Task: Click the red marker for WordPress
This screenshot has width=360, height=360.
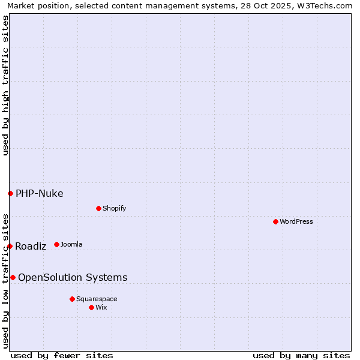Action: coord(275,221)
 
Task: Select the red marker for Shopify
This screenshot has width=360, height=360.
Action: coord(98,208)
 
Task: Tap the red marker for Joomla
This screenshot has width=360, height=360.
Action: coord(56,244)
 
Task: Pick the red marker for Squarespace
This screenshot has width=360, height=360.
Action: coord(72,299)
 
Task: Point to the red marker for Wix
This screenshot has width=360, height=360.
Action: coord(91,307)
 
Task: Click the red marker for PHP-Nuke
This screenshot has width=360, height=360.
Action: coord(10,193)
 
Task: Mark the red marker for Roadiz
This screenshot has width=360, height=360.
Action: coord(10,246)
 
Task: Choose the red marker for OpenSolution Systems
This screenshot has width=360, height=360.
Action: coord(13,277)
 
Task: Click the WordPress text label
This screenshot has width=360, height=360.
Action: coord(296,221)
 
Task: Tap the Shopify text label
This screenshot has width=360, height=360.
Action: coord(114,208)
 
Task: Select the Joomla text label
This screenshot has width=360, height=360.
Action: coord(71,244)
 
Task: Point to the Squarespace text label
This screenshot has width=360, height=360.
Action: coord(97,299)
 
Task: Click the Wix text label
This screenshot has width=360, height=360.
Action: coord(101,307)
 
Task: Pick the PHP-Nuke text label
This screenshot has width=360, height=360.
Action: coord(40,193)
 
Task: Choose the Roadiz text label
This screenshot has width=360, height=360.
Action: coord(31,246)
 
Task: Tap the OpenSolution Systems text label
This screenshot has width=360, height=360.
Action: coord(73,277)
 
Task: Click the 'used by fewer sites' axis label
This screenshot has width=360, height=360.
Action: coord(62,355)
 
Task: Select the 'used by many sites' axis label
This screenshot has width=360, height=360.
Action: coord(301,355)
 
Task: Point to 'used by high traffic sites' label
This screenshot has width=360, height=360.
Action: coord(5,85)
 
